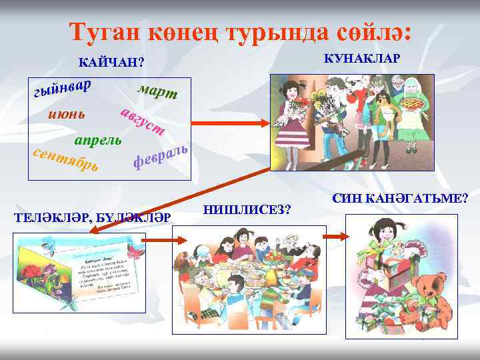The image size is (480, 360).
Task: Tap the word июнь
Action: coord(67,114)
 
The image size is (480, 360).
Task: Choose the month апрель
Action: coord(97,141)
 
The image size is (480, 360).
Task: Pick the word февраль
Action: coord(158,154)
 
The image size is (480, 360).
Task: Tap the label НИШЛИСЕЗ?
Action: coord(246,209)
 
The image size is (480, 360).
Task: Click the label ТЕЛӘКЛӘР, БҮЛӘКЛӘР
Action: coord(93,217)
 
